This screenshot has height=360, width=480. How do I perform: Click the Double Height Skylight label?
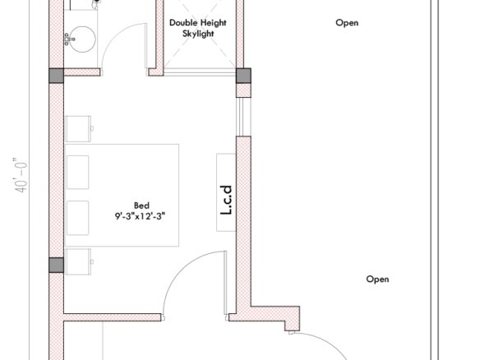(x=198, y=28)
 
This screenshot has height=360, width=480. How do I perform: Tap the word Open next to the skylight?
(x=347, y=23)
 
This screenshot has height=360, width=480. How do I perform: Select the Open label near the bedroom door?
(x=377, y=279)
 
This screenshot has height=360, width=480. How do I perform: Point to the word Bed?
(x=141, y=205)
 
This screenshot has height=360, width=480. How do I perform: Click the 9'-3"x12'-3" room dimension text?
(x=140, y=216)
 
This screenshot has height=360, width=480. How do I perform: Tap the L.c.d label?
(x=226, y=200)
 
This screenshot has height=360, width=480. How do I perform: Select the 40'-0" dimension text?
(x=21, y=175)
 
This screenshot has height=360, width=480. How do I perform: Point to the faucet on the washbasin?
(x=69, y=39)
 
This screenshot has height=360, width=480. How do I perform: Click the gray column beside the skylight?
(x=243, y=76)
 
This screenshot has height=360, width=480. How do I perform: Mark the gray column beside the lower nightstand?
(x=57, y=265)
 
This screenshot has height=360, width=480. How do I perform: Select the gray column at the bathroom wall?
(x=57, y=76)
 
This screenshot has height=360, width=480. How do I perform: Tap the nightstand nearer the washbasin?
(x=79, y=128)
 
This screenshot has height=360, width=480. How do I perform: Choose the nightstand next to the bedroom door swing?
(x=79, y=261)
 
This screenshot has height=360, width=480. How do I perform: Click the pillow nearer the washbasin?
(x=78, y=173)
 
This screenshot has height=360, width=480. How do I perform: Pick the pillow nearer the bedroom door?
(x=78, y=218)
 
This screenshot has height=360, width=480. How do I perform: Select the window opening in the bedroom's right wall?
(x=243, y=117)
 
